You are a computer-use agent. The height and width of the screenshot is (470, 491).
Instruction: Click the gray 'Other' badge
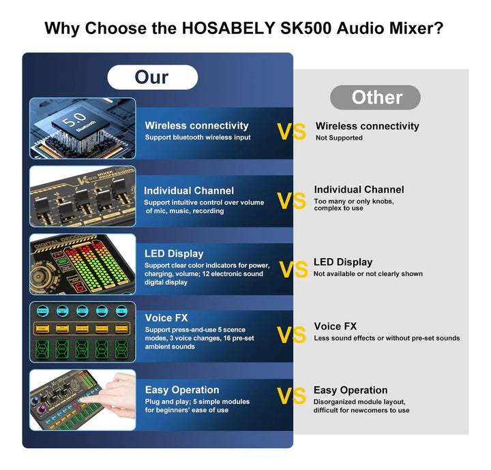pyautogui.click(x=375, y=97)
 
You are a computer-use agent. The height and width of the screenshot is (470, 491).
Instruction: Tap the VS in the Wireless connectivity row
pyautogui.click(x=291, y=131)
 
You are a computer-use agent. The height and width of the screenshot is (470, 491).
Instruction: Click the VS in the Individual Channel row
pyautogui.click(x=291, y=201)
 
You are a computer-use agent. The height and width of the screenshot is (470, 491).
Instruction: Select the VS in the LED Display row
pyautogui.click(x=293, y=270)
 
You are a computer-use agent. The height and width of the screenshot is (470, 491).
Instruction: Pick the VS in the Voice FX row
pyautogui.click(x=291, y=334)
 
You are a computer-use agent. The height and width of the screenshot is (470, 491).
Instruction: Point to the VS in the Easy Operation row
pyautogui.click(x=291, y=396)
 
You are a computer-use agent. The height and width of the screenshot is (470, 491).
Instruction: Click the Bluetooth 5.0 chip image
pyautogui.click(x=83, y=129)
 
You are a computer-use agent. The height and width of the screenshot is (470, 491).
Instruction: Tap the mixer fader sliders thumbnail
pyautogui.click(x=83, y=197)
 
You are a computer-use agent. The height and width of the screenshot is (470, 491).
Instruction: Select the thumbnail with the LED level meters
pyautogui.click(x=83, y=264)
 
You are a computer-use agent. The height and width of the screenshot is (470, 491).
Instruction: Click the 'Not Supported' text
pyautogui.click(x=339, y=138)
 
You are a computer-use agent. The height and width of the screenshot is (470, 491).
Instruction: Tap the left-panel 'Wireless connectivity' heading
pyautogui.click(x=196, y=125)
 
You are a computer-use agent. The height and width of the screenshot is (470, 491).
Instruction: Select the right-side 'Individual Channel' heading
pyautogui.click(x=359, y=190)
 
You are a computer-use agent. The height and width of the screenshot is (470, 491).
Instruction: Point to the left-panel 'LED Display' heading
pyautogui.click(x=174, y=254)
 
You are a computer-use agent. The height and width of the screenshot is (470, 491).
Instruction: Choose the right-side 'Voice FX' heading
pyautogui.click(x=335, y=327)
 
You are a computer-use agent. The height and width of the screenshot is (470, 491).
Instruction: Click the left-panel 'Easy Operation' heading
pyautogui.click(x=182, y=390)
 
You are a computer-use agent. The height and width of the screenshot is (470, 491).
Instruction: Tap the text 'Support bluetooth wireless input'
pyautogui.click(x=197, y=138)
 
